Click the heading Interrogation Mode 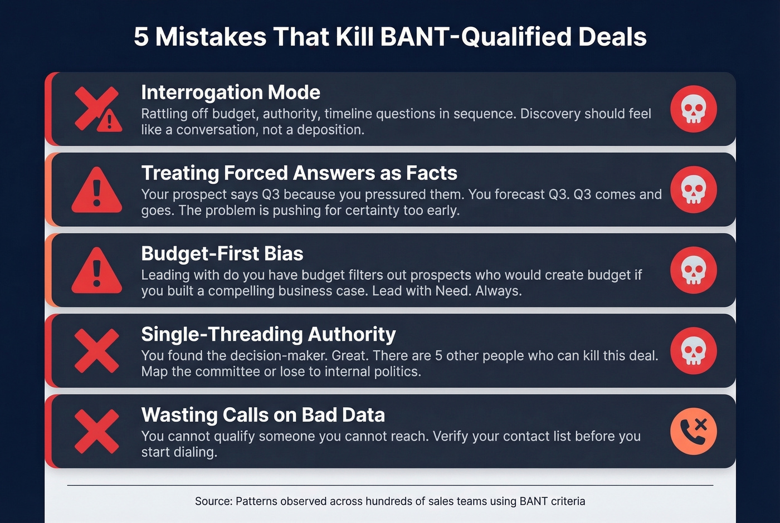[x=230, y=92]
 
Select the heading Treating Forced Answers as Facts [x=299, y=173]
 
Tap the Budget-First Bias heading [x=222, y=254]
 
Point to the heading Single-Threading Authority [x=268, y=334]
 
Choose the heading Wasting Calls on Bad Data [x=262, y=415]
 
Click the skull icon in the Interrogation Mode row [x=693, y=109]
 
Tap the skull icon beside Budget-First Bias [x=693, y=270]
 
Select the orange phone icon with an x [x=693, y=431]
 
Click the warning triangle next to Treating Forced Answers [x=97, y=190]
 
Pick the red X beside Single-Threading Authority [x=97, y=351]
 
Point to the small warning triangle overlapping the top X [x=109, y=120]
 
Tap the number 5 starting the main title [x=141, y=37]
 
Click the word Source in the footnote [x=212, y=501]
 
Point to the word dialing [x=197, y=452]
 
